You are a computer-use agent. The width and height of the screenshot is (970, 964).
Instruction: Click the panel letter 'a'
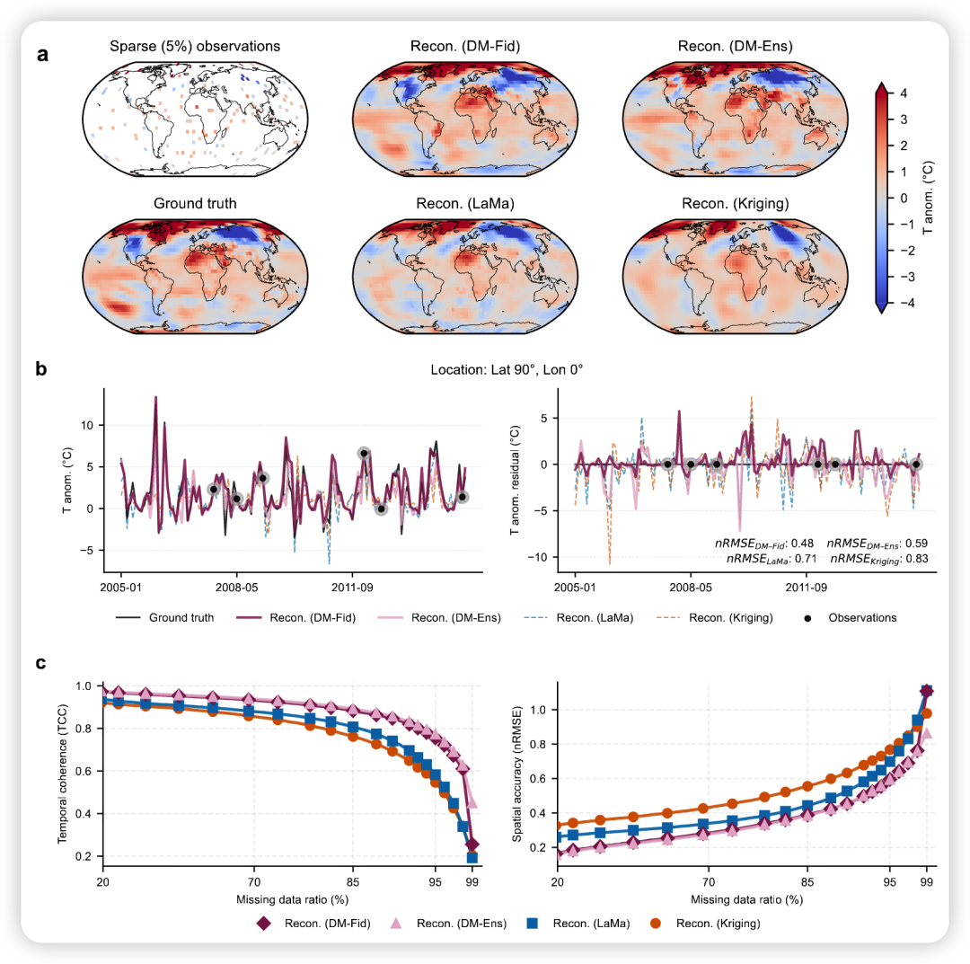coord(42,54)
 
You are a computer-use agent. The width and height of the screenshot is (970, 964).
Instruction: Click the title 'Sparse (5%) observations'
coord(195,46)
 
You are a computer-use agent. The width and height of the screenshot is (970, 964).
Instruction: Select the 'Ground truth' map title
coord(195,204)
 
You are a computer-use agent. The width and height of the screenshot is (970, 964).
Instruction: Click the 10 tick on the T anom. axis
coord(87,424)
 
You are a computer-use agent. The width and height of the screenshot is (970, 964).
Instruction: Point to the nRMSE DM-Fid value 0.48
coord(802,544)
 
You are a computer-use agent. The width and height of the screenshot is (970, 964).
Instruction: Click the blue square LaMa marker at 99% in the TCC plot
coord(472,858)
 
